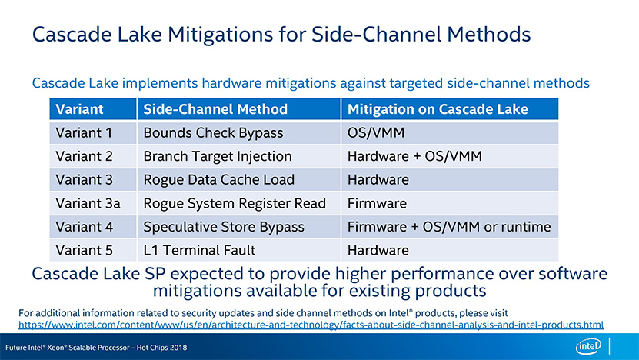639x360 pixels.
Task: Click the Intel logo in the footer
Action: [x=588, y=347]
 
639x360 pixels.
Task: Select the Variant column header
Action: [x=79, y=109]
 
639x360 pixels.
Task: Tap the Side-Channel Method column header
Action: [x=215, y=109]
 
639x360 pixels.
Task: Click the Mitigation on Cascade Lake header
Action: [x=438, y=109]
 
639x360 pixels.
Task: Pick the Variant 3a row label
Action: [x=88, y=203]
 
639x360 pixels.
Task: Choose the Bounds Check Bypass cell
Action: [x=213, y=133]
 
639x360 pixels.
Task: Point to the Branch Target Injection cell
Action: [x=218, y=156]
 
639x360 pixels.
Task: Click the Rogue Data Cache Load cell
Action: [x=219, y=180]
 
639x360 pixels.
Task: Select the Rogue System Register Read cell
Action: [x=235, y=203]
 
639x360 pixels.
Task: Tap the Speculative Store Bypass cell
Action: [x=224, y=227]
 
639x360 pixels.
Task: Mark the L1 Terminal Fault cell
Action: [x=199, y=250]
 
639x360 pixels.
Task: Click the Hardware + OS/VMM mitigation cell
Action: [x=414, y=156]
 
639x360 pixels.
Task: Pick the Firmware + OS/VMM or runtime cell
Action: [x=449, y=227]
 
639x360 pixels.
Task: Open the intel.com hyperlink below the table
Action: [x=311, y=325]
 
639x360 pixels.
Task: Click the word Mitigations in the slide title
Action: [x=221, y=35]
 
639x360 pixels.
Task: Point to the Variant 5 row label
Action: [x=84, y=250]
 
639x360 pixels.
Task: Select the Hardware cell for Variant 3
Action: [x=378, y=180]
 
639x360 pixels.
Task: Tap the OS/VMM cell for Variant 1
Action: [x=376, y=133]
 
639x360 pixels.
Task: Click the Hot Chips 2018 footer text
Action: [x=161, y=348]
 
